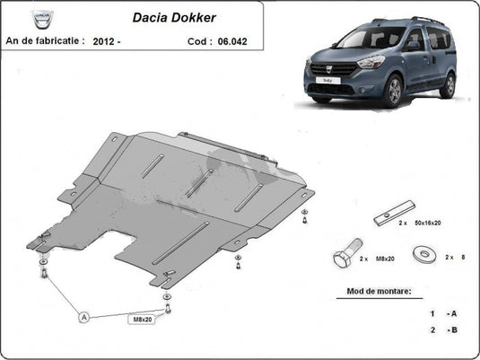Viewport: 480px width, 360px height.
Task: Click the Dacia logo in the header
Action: pyautogui.click(x=42, y=20)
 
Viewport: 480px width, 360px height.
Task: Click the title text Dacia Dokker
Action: pyautogui.click(x=174, y=17)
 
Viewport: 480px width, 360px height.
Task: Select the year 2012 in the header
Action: pyautogui.click(x=103, y=41)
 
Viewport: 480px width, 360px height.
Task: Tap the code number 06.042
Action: pyautogui.click(x=232, y=41)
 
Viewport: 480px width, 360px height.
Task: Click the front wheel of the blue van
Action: pyautogui.click(x=394, y=91)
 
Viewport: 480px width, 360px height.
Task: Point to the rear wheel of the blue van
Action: pyautogui.click(x=449, y=85)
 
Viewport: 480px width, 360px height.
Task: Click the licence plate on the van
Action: pyautogui.click(x=327, y=80)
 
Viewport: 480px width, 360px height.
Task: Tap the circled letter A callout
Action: pyautogui.click(x=83, y=317)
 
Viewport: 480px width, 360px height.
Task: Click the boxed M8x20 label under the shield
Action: pyautogui.click(x=143, y=320)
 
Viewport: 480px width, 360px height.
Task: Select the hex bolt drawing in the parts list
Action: pyautogui.click(x=347, y=253)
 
